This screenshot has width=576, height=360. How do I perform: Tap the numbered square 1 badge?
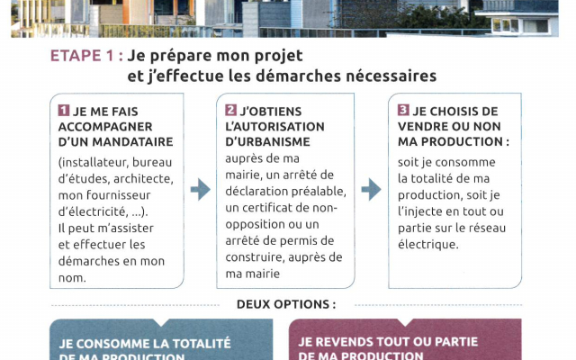pyautogui.click(x=64, y=111)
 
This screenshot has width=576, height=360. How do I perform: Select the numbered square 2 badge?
pyautogui.click(x=230, y=111)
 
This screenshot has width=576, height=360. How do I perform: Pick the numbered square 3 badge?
pyautogui.click(x=403, y=111)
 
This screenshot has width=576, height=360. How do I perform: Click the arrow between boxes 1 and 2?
pyautogui.click(x=200, y=189)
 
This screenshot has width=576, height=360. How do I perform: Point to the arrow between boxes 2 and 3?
pyautogui.click(x=371, y=189)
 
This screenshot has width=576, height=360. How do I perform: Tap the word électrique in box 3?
pyautogui.click(x=427, y=244)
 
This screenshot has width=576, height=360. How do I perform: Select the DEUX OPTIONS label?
pyautogui.click(x=286, y=304)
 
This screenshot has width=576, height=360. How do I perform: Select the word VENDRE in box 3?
pyautogui.click(x=427, y=127)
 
